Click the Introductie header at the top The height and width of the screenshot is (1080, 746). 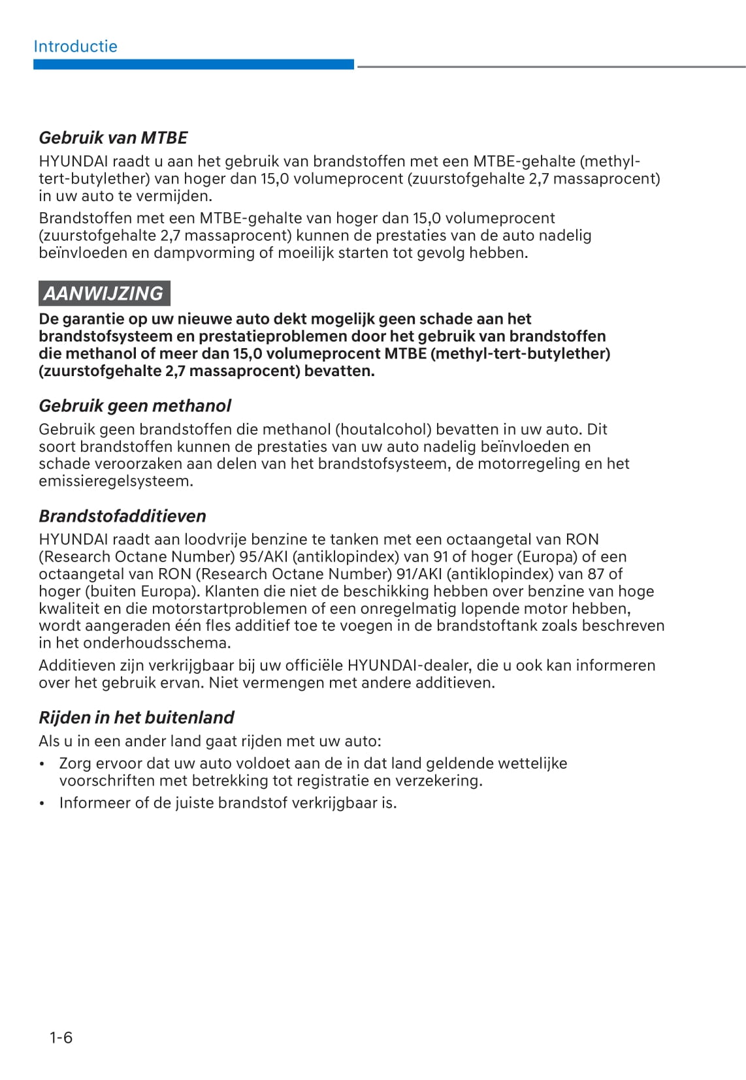(x=75, y=46)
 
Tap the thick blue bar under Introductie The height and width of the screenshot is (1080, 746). (x=193, y=65)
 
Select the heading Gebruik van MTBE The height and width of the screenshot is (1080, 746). (x=113, y=138)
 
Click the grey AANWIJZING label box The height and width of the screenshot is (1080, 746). (x=104, y=294)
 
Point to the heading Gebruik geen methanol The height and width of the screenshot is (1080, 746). (x=135, y=406)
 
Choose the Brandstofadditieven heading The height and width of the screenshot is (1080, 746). (x=122, y=516)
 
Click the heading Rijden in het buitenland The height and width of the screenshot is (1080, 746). (x=136, y=718)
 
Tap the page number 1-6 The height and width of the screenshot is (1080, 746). (x=61, y=1038)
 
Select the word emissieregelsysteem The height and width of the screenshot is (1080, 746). (x=116, y=481)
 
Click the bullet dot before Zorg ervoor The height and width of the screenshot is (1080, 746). (x=42, y=764)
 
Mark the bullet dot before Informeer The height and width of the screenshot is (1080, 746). (x=42, y=804)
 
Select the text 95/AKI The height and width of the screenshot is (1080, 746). (x=266, y=557)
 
